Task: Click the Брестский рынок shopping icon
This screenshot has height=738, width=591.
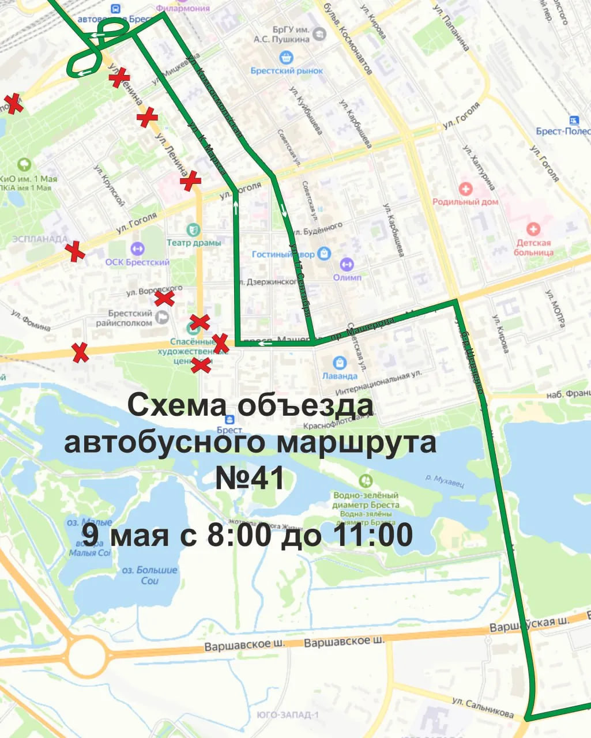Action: click(x=286, y=58)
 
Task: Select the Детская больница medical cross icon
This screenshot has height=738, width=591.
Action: click(x=533, y=229)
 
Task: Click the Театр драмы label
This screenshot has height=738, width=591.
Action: click(x=194, y=243)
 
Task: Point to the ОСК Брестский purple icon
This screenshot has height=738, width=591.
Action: click(x=137, y=249)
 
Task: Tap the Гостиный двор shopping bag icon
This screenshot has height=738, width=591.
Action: click(x=325, y=253)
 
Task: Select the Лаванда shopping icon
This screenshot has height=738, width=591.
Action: click(x=340, y=363)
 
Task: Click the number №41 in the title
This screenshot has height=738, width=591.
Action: click(x=250, y=478)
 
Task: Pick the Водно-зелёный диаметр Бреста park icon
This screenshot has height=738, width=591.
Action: click(x=365, y=480)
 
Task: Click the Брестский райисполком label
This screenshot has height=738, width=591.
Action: click(x=130, y=318)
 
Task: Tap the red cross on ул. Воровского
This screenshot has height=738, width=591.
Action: click(x=164, y=298)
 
